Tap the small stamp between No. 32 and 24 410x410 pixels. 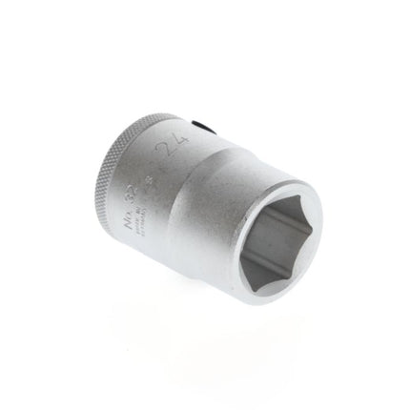[x=154, y=170]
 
